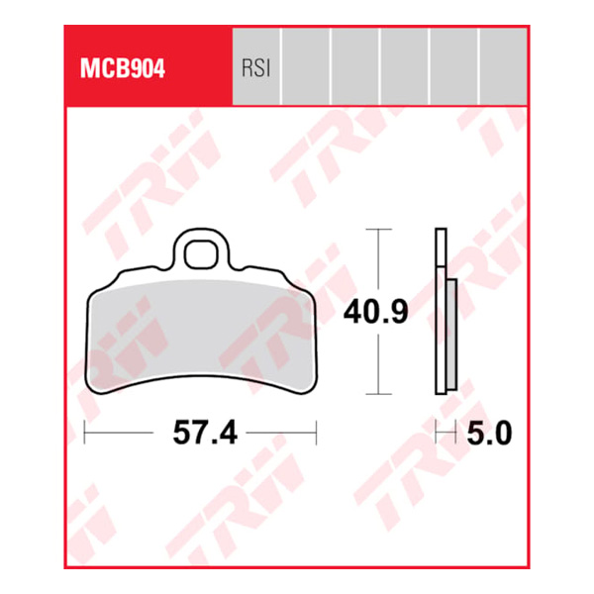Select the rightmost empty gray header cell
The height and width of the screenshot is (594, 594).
tap(503, 65)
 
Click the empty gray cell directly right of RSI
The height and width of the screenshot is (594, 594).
tap(306, 65)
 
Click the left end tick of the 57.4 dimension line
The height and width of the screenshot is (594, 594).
tap(86, 432)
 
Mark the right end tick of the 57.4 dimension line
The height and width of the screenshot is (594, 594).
tap(316, 432)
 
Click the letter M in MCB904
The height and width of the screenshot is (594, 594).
tap(83, 70)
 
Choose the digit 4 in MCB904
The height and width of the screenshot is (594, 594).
tap(159, 70)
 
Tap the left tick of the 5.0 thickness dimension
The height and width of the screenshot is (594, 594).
tap(440, 432)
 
